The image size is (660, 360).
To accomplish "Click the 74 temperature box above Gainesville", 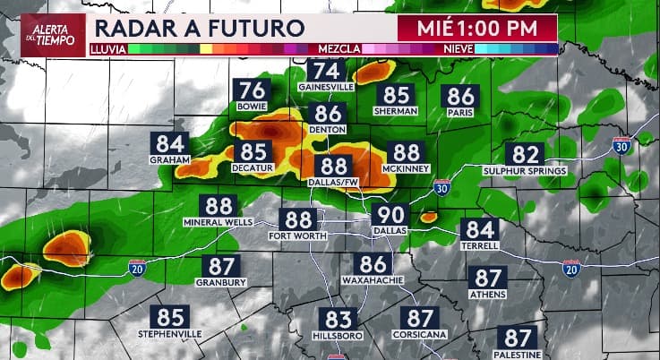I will pos(327,71).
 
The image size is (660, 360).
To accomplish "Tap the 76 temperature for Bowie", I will pos(254,90).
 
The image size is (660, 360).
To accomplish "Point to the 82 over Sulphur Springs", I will pos(525,154).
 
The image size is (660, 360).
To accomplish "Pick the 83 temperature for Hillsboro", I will pos(339,320).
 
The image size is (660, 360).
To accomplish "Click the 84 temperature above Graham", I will pos(171,143).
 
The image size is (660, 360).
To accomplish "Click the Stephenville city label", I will pos(170,334).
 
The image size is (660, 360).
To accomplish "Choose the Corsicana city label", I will pos(420,334).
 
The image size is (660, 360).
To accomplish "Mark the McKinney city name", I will pos(407,168).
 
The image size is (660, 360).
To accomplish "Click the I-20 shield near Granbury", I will pos(137,269).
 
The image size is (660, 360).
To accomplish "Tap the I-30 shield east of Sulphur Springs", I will pos(621,145).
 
